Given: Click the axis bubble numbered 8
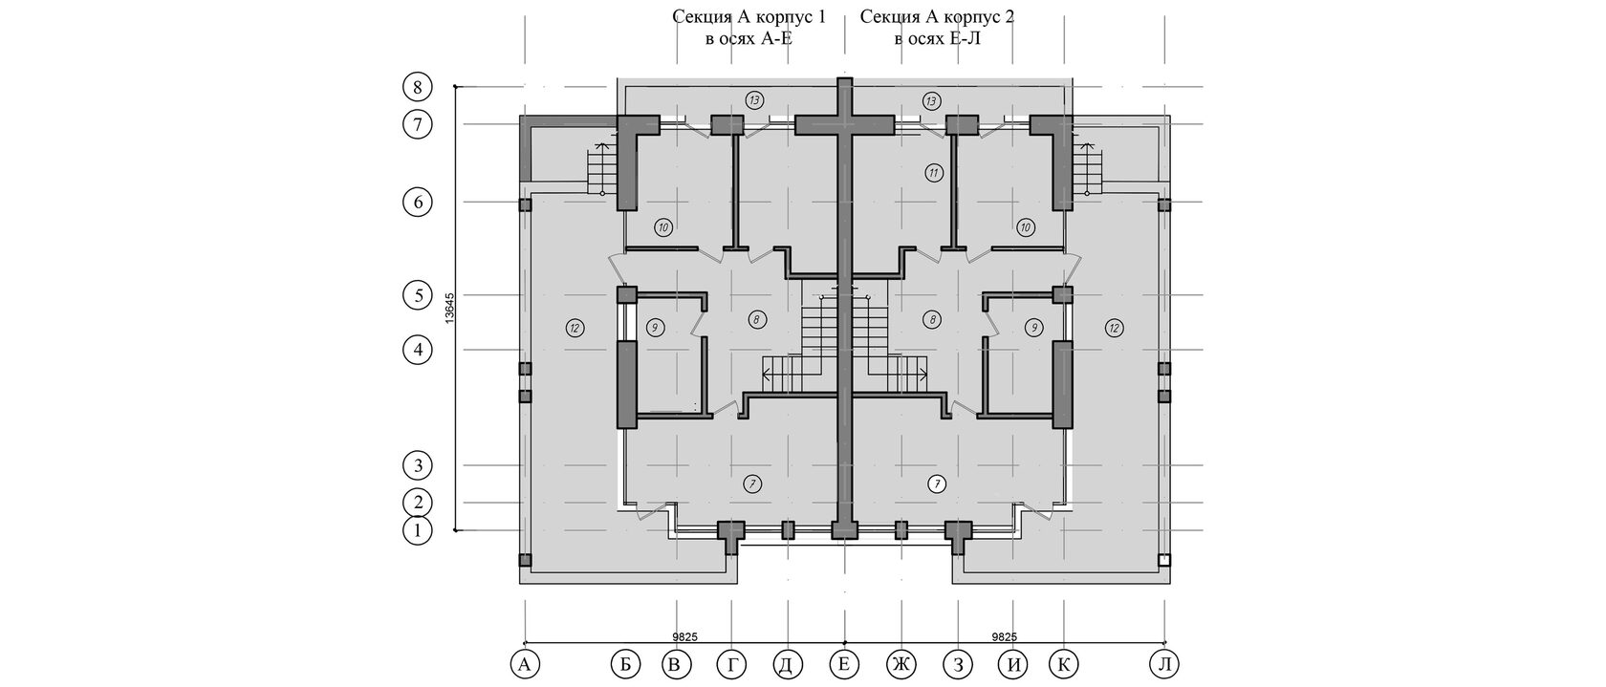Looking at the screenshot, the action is pos(418,87).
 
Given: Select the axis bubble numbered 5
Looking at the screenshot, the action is pos(418,295).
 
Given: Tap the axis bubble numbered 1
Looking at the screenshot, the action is pos(418,531).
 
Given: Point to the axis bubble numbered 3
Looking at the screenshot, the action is pos(418,465).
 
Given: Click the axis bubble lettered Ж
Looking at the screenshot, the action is pos(901,665).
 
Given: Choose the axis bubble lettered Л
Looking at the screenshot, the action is pos(1165,665).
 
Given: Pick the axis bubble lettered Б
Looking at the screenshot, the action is pos(625,665).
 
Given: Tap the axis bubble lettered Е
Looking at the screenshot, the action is pos(845,665).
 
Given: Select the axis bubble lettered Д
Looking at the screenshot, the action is pos(788,665).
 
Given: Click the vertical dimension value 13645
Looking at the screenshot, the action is pos(449,308).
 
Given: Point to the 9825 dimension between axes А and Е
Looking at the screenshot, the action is pos(684,636).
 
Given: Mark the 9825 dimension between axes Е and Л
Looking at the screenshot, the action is pos(1005,636).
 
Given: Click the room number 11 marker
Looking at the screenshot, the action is pos(933,173).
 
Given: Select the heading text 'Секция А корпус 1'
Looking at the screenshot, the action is pos(749,16).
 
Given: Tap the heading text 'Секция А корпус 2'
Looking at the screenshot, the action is pos(937,16).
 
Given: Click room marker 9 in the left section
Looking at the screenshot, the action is pos(656,328).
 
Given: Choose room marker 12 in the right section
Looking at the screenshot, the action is pos(1114,328).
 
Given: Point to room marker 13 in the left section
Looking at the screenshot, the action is pos(753,100).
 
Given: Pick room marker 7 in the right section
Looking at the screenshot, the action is pos(936,484).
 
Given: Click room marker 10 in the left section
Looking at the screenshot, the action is pos(663,227).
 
